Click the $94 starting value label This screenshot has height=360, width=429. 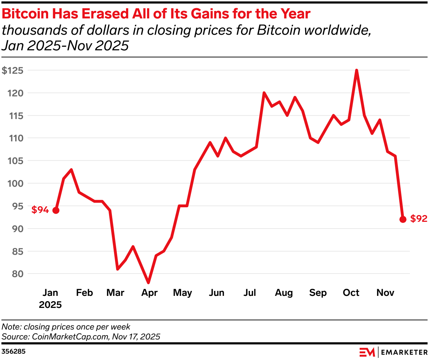[x=40, y=210]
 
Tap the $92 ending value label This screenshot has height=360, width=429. [x=419, y=219]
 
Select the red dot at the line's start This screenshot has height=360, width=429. [x=56, y=210]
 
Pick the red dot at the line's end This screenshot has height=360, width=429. [x=402, y=219]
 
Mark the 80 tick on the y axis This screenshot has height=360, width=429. [x=18, y=274]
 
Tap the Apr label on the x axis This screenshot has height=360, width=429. [x=149, y=293]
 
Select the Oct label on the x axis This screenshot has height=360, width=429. [x=351, y=293]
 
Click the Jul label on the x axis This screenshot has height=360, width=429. [x=250, y=293]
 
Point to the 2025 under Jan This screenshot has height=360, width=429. [x=50, y=305]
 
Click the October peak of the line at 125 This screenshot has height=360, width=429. [x=356, y=70]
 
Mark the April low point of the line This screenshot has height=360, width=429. [x=148, y=283]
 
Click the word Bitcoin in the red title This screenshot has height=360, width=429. [x=26, y=14]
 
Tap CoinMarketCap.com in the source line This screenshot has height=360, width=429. [x=70, y=337]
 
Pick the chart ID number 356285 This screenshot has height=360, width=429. [x=13, y=352]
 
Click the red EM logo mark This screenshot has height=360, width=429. [x=367, y=352]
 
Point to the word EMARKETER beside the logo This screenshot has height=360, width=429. [x=404, y=352]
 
